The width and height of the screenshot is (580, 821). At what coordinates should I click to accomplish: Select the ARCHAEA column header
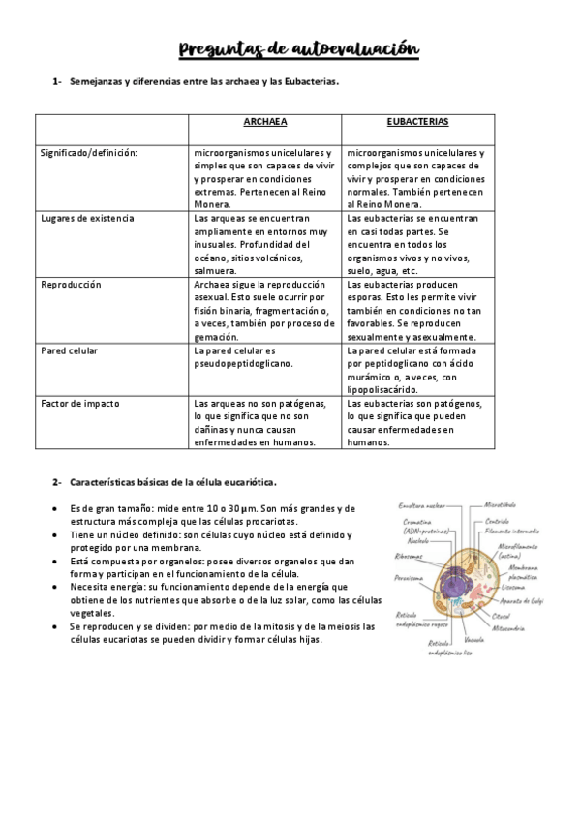[x=265, y=123]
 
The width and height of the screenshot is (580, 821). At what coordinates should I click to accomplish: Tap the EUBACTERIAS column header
[x=416, y=123]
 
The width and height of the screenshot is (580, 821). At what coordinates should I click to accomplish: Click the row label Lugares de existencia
[x=87, y=218]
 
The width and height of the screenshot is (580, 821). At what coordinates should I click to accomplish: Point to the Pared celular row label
[x=69, y=350]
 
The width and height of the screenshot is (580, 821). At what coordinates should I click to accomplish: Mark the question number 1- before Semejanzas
[x=57, y=82]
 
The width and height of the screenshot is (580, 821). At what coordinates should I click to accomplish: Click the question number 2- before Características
[x=57, y=481]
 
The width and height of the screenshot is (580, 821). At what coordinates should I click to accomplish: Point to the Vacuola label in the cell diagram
[x=474, y=640]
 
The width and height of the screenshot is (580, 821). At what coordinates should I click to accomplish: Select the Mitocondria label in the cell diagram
[x=514, y=627]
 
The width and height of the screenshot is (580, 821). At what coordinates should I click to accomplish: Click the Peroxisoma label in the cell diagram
[x=411, y=578]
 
